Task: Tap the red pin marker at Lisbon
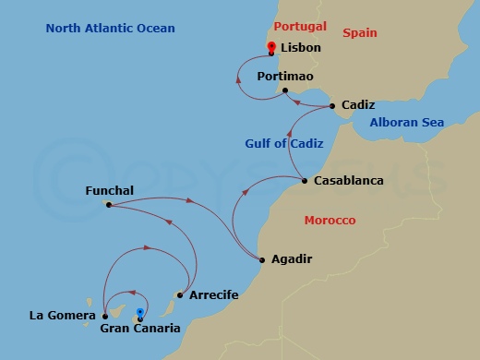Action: click(270, 48)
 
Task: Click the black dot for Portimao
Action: click(285, 90)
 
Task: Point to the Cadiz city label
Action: click(357, 106)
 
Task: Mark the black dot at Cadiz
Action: click(332, 107)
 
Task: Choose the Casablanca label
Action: click(348, 181)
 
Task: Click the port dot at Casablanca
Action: click(305, 180)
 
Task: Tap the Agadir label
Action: click(292, 259)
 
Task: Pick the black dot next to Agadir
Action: click(262, 259)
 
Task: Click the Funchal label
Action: click(109, 191)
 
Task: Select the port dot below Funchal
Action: click(109, 205)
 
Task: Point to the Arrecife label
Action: click(213, 295)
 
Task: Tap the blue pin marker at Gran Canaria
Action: click(139, 314)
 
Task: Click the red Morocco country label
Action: click(330, 221)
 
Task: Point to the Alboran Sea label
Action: click(406, 123)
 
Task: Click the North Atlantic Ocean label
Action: click(110, 29)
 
